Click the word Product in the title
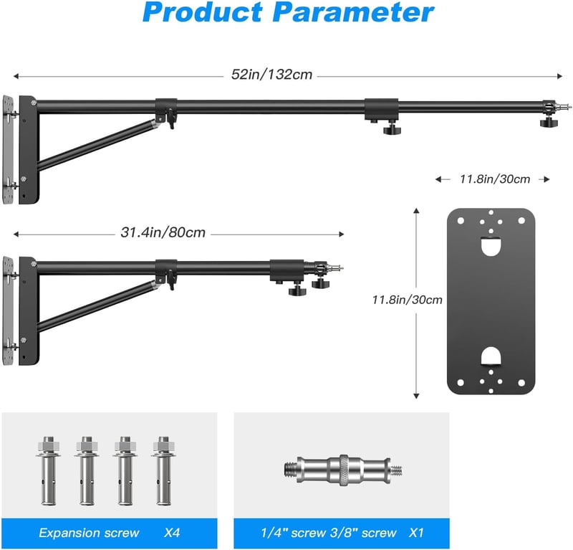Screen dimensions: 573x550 [x=203, y=13]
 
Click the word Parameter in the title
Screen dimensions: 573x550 [x=353, y=13]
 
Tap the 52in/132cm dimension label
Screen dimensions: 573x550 [x=271, y=75]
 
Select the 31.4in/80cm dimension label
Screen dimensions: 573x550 [x=163, y=232]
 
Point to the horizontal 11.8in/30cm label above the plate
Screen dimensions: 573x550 [x=495, y=179]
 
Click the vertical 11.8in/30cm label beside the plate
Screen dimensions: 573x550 [x=407, y=300]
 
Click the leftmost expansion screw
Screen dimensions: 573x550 [x=49, y=470]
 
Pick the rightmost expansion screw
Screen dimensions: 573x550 [x=164, y=470]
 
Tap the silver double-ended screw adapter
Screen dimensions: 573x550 [x=343, y=470]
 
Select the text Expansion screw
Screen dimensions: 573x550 [x=89, y=533]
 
